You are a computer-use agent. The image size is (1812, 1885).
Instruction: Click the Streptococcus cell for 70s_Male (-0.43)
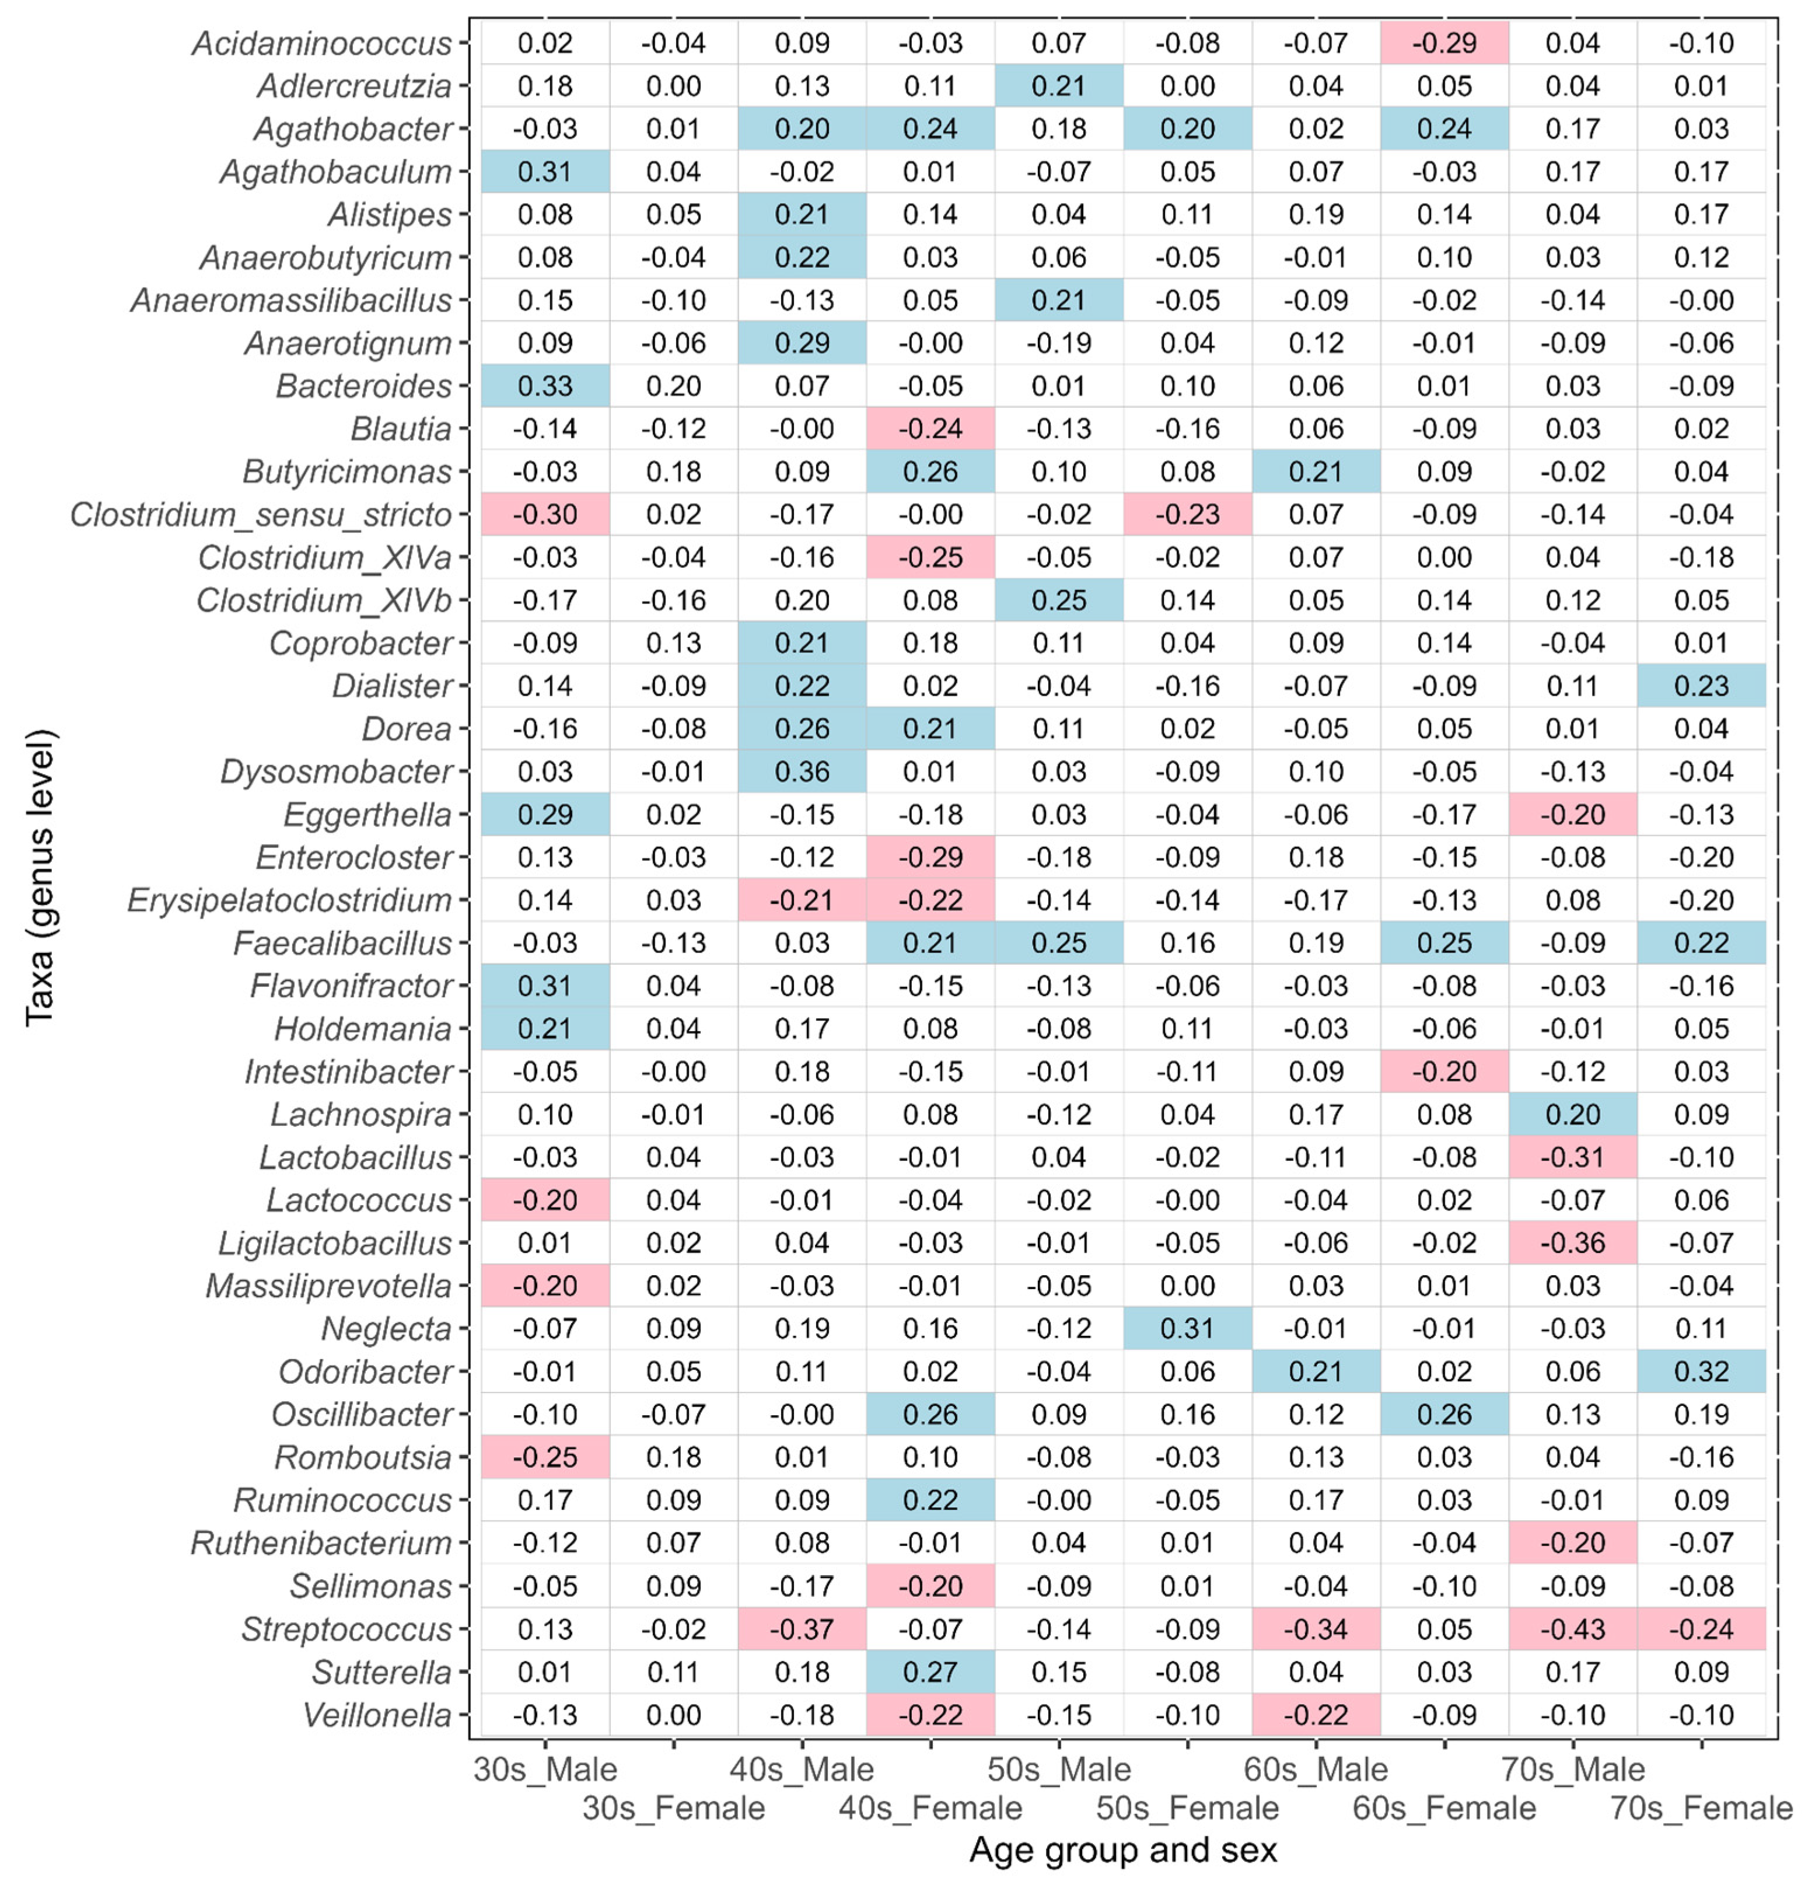pyautogui.click(x=1573, y=1629)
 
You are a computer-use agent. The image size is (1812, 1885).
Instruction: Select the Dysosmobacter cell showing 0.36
pyautogui.click(x=802, y=772)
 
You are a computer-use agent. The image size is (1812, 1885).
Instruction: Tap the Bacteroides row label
pyautogui.click(x=363, y=386)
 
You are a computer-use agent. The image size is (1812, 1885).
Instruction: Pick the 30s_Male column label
pyautogui.click(x=545, y=1769)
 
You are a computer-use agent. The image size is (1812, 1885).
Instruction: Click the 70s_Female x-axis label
pyautogui.click(x=1701, y=1808)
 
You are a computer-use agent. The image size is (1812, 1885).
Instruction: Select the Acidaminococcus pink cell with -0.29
pyautogui.click(x=1444, y=43)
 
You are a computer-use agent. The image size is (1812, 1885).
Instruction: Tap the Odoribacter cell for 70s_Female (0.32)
pyautogui.click(x=1701, y=1371)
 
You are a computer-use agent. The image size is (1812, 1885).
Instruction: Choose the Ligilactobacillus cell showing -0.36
pyautogui.click(x=1573, y=1242)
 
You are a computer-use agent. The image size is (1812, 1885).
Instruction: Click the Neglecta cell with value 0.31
pyautogui.click(x=1187, y=1328)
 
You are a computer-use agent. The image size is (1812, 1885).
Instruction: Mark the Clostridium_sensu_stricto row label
pyautogui.click(x=261, y=515)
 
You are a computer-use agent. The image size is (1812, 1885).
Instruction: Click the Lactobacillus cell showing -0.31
pyautogui.click(x=1573, y=1157)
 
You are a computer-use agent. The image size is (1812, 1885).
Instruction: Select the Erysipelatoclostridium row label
pyautogui.click(x=289, y=900)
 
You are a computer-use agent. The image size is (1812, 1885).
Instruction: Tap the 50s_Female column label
pyautogui.click(x=1187, y=1808)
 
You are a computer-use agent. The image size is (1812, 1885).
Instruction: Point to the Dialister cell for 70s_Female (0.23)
pyautogui.click(x=1701, y=686)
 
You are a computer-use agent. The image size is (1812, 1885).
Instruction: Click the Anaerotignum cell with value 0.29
pyautogui.click(x=802, y=343)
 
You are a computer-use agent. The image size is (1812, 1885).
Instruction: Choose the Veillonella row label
pyautogui.click(x=377, y=1715)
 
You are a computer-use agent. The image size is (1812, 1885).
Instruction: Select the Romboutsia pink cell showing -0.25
pyautogui.click(x=545, y=1457)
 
